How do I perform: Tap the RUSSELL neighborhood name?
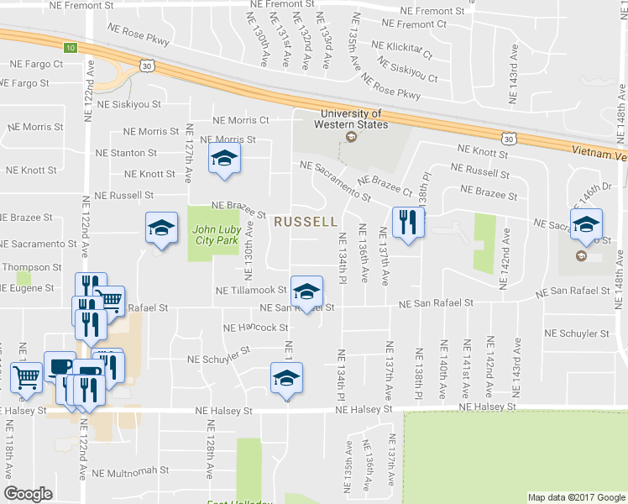[306, 222]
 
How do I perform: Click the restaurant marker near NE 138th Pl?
[408, 223]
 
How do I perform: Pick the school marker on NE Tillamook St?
[306, 291]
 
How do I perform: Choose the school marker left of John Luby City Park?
[161, 228]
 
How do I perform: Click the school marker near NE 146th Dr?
[586, 224]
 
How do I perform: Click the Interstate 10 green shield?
[71, 47]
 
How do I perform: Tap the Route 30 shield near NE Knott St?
[507, 136]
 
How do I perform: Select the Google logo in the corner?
[29, 494]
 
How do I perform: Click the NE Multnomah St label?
[130, 472]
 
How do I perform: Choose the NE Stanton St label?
[126, 153]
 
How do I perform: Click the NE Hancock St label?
[254, 328]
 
